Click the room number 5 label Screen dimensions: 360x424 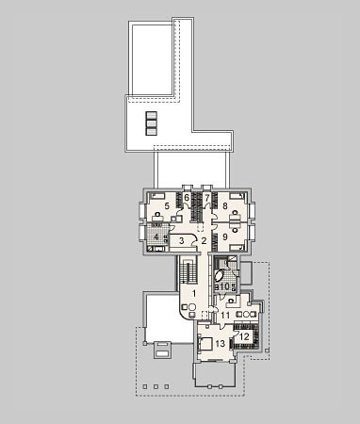click(x=167, y=206)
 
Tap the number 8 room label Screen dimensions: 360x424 click(x=224, y=206)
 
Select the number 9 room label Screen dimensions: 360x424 click(x=225, y=236)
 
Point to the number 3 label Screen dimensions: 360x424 click(x=182, y=241)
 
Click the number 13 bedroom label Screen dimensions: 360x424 click(x=221, y=344)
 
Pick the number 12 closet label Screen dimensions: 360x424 click(x=244, y=337)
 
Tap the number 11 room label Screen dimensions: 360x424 click(x=225, y=315)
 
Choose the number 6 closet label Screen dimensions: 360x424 click(x=187, y=198)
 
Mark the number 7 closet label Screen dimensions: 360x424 click(x=207, y=198)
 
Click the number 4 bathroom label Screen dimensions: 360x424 click(x=156, y=237)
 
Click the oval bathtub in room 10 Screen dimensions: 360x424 click(x=219, y=276)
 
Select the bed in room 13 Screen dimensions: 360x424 click(x=205, y=344)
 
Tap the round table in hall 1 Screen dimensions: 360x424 click(x=192, y=307)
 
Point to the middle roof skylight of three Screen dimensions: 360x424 click(x=151, y=123)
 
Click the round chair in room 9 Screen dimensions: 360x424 click(x=235, y=230)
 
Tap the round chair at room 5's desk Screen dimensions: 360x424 click(x=158, y=214)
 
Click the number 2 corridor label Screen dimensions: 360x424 click(x=204, y=241)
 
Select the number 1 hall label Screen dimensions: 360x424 click(x=194, y=294)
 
